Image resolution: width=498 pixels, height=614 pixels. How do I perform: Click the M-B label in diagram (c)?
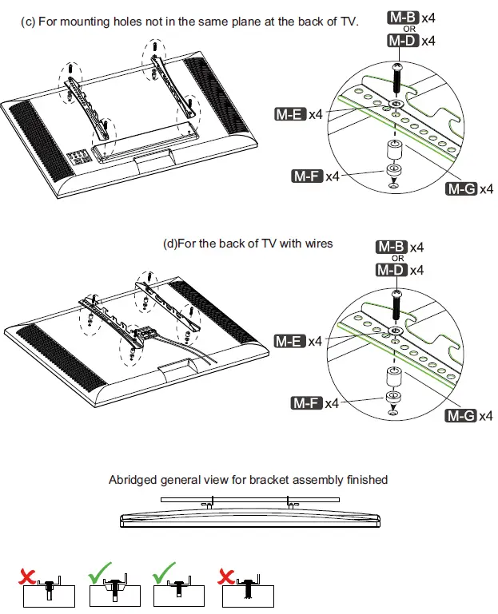pyautogui.click(x=402, y=17)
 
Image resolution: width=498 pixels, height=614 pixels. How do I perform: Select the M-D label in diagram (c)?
pyautogui.click(x=402, y=40)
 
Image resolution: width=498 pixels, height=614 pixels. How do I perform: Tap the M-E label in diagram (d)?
pyautogui.click(x=289, y=341)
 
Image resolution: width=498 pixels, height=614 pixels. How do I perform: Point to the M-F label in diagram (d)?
pyautogui.click(x=306, y=403)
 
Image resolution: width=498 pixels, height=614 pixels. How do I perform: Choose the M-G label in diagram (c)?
pyautogui.click(x=460, y=188)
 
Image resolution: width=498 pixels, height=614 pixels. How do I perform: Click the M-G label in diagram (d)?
pyautogui.click(x=460, y=416)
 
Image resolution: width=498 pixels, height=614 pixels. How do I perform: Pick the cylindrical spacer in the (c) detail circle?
pyautogui.click(x=394, y=149)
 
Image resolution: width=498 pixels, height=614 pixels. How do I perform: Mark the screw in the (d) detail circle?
pyautogui.click(x=396, y=305)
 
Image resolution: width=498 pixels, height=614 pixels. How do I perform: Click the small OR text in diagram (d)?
pyautogui.click(x=398, y=258)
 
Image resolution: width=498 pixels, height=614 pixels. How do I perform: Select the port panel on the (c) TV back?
pyautogui.click(x=77, y=156)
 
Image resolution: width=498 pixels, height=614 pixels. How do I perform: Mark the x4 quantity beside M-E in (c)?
pyautogui.click(x=316, y=114)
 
